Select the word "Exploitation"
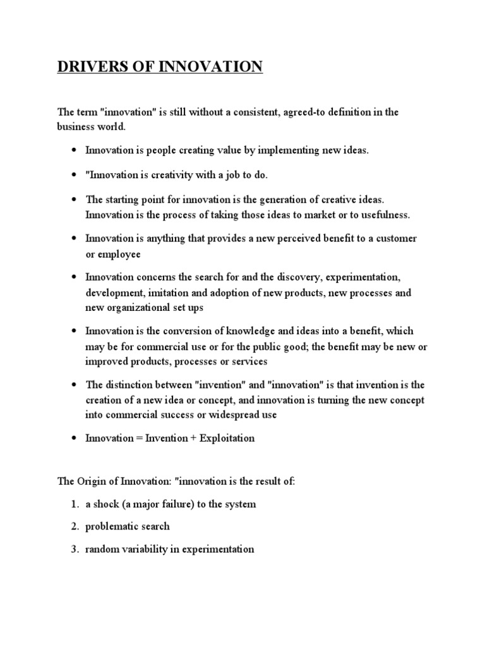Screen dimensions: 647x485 (x=227, y=438)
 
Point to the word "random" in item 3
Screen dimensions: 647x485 (x=101, y=549)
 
